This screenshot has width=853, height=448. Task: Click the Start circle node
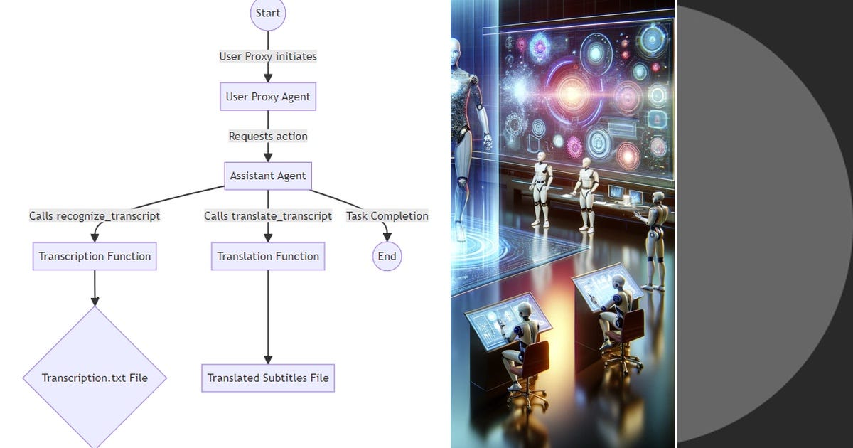pos(268,13)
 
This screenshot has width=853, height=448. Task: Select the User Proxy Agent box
pos(268,97)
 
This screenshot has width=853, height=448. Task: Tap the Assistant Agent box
pos(268,176)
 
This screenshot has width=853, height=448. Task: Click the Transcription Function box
pos(95,257)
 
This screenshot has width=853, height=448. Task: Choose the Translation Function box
pos(268,257)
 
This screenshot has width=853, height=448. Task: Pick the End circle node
pos(387,257)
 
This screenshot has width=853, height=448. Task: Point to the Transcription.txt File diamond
pos(95,378)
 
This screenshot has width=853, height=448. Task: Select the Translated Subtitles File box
pos(268,378)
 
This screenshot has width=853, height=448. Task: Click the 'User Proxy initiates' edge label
pos(268,56)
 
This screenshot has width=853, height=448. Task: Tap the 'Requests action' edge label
pos(268,136)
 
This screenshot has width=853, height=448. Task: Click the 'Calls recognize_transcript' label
pos(95,216)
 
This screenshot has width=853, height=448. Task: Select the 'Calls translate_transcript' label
pos(268,216)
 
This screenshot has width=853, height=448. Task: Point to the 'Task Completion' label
pos(387,216)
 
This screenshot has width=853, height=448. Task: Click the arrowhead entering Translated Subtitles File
pos(268,360)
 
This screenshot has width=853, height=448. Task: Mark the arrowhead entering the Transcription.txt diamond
pos(95,301)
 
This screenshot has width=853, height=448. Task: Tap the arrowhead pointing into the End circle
pos(387,237)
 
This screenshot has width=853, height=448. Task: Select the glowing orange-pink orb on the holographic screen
pos(572,92)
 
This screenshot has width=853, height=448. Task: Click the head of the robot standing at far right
pos(658,198)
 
